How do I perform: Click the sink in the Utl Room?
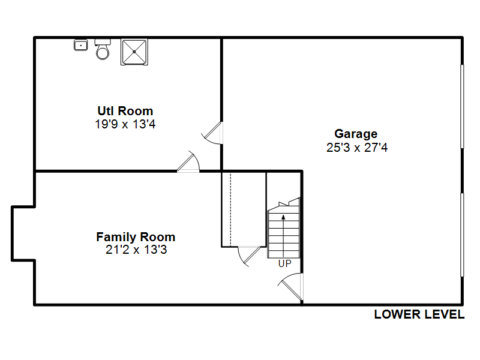[x=81, y=46]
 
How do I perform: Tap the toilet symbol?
[x=103, y=49]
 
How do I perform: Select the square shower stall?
[x=134, y=52]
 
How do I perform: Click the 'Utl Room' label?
[x=125, y=111]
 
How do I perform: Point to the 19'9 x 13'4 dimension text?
[x=125, y=124]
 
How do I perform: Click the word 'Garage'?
[x=356, y=134]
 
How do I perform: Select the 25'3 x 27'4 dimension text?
[x=357, y=148]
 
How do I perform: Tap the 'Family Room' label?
[x=136, y=237]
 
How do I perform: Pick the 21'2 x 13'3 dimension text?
[x=136, y=250]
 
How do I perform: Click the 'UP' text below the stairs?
[x=284, y=263]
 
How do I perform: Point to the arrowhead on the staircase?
[x=283, y=217]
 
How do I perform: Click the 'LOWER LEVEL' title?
[x=419, y=314]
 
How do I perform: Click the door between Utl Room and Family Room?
[x=188, y=161]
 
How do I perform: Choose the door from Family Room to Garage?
[x=291, y=287]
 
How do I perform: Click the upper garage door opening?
[x=462, y=107]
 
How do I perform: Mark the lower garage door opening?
[x=462, y=235]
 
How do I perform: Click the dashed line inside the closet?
[x=230, y=209]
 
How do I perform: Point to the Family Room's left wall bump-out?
[x=12, y=233]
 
